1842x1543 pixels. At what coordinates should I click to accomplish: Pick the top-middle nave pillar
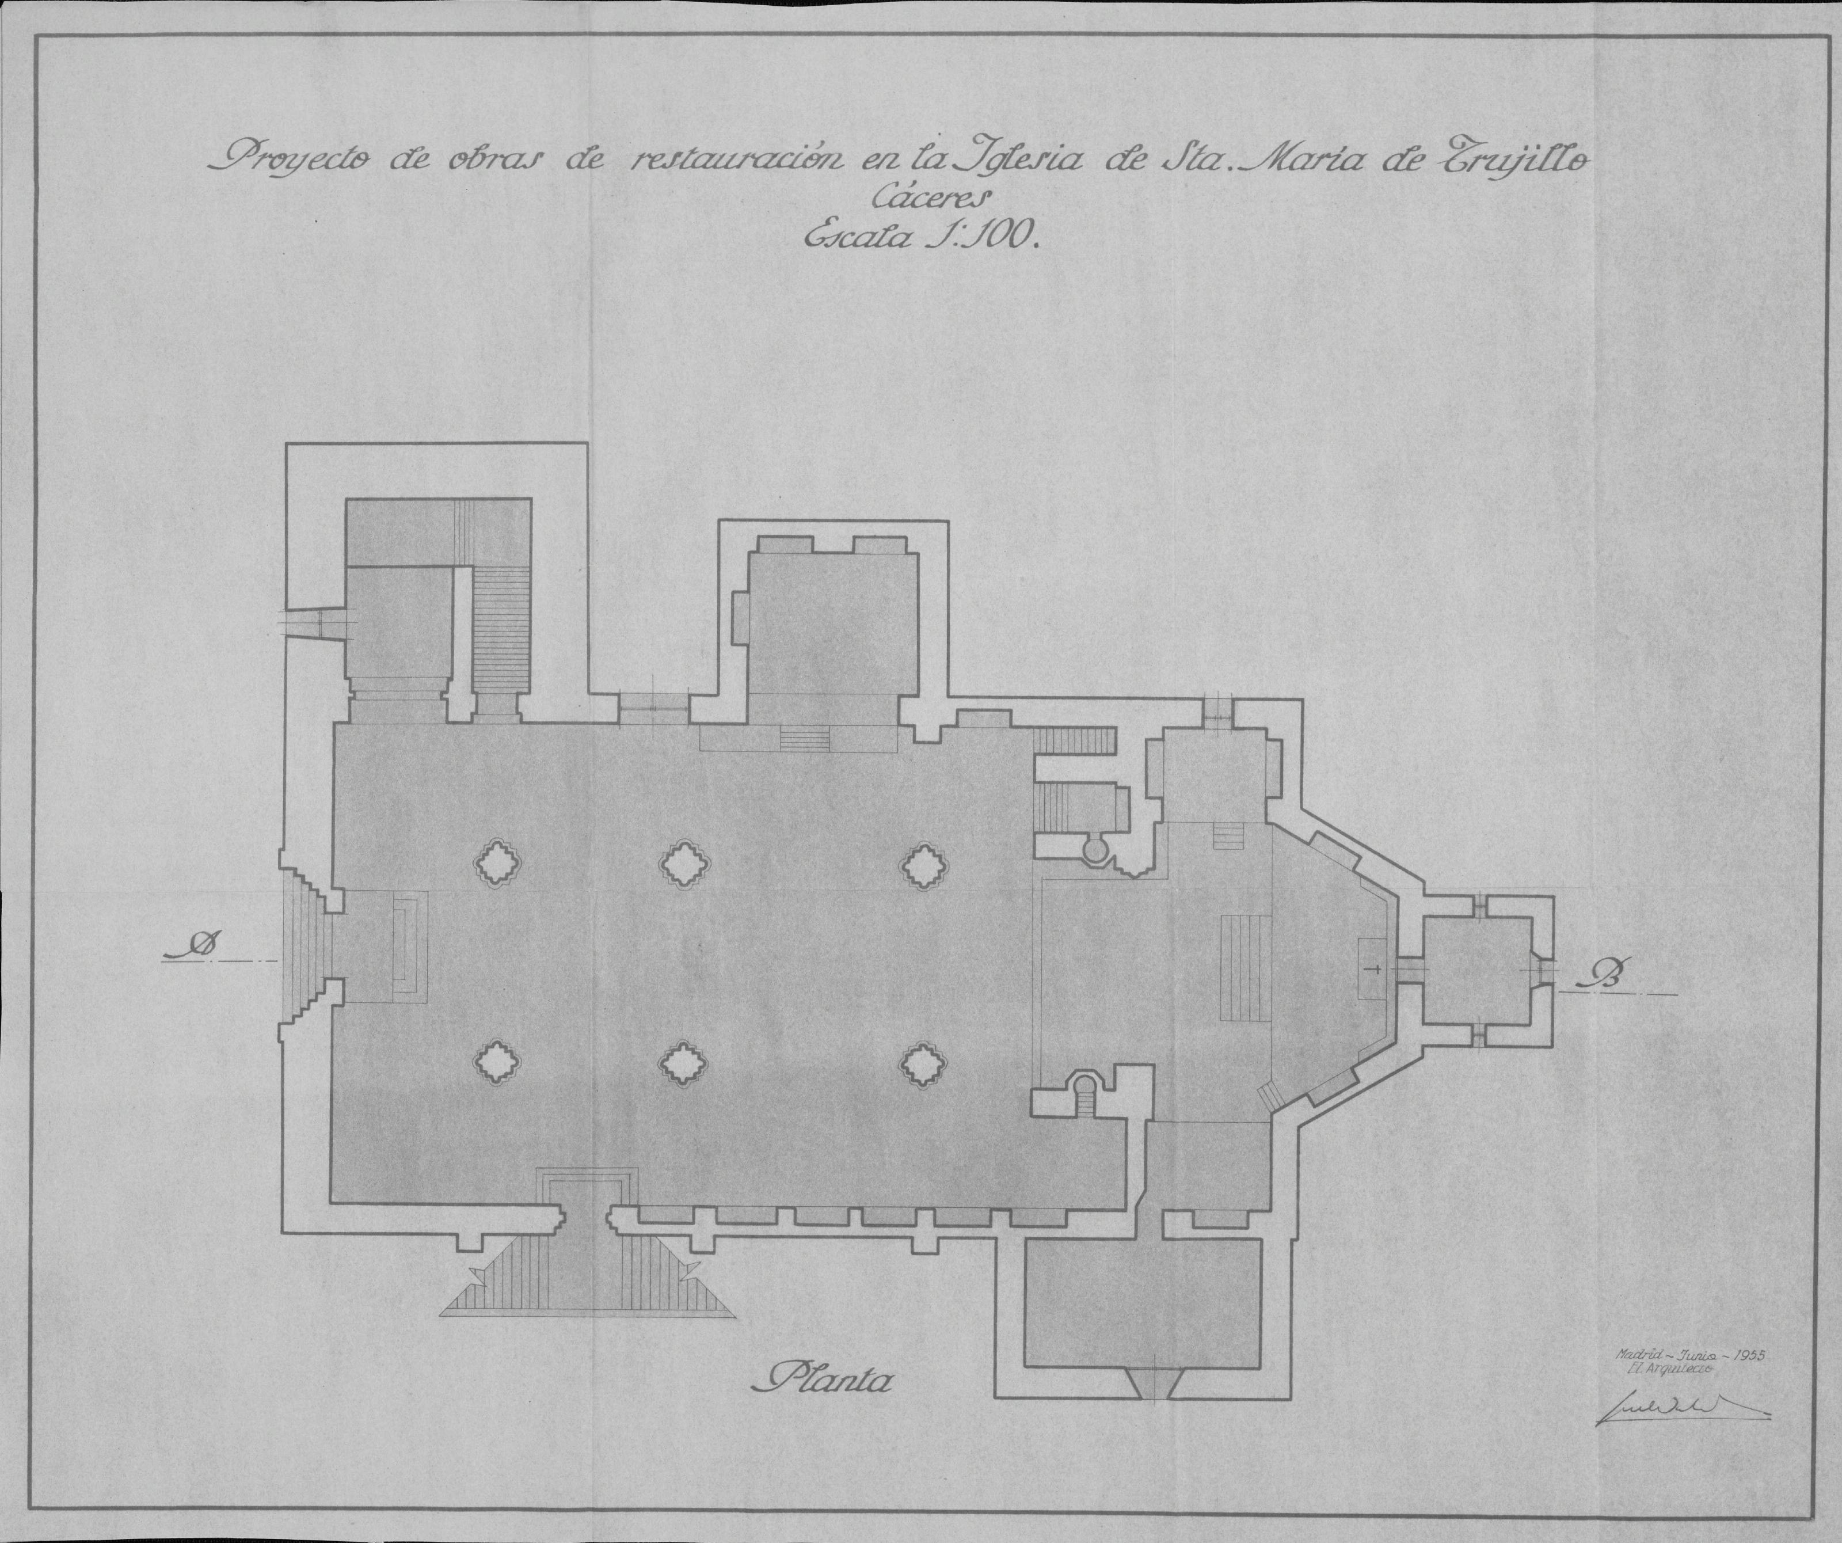(x=685, y=865)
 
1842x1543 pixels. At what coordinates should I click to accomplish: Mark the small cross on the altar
(x=1375, y=970)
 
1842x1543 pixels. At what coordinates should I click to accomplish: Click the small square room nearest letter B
(x=1477, y=970)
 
